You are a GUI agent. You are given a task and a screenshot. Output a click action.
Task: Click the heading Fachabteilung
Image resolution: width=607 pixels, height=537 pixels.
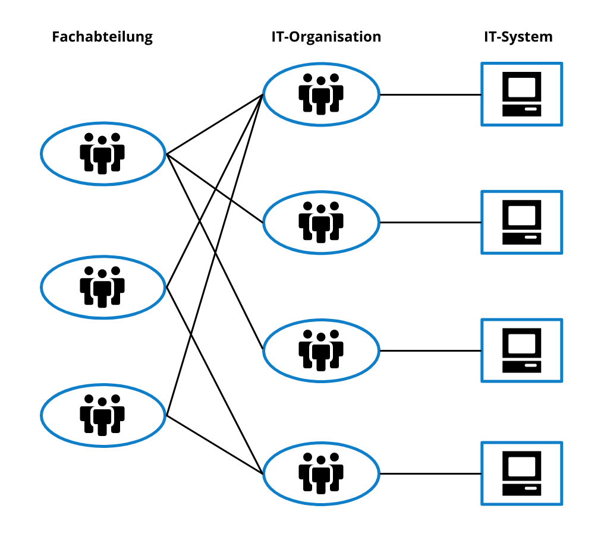[102, 37]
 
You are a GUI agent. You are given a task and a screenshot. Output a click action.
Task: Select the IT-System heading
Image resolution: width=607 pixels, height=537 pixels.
[518, 37]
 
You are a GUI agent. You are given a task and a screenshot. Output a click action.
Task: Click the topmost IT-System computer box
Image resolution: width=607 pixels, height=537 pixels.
[521, 94]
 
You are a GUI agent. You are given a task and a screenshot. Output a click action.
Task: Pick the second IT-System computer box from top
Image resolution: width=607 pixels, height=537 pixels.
[521, 222]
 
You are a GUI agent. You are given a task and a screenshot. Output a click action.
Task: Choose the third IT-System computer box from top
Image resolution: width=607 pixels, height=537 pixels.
[521, 350]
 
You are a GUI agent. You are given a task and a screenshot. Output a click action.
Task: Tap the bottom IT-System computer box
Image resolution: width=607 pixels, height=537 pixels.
[521, 473]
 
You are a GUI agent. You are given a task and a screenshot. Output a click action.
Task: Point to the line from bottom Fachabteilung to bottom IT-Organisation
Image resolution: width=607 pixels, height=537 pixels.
[214, 444]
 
